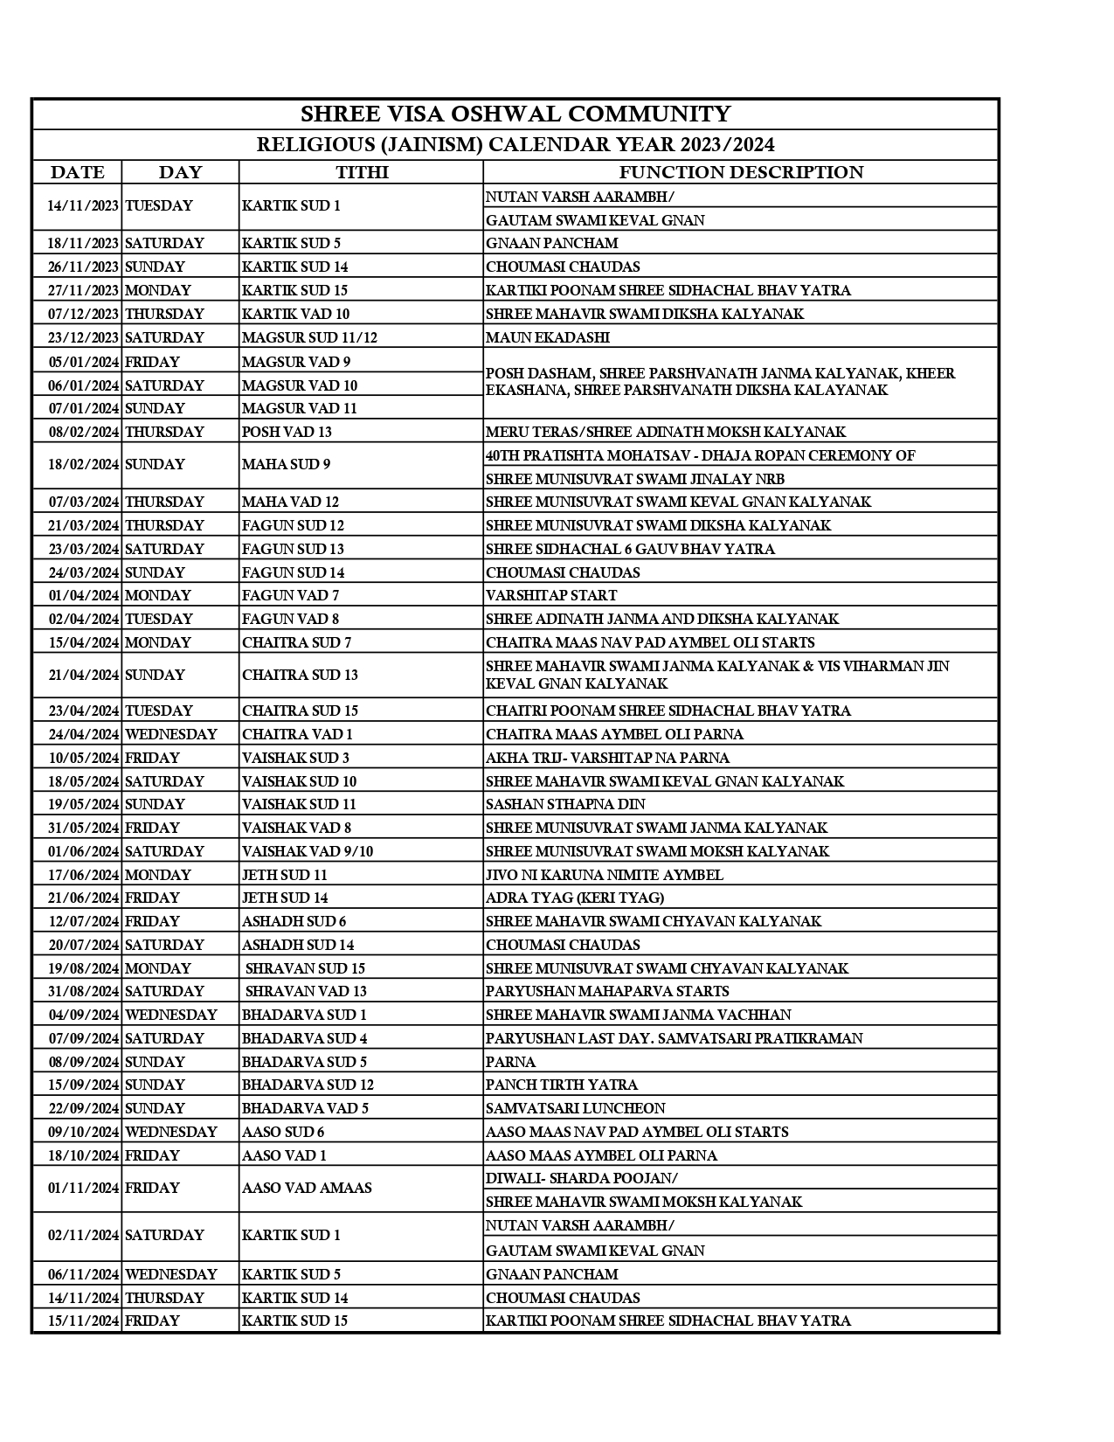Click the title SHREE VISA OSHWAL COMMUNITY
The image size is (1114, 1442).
coord(515,114)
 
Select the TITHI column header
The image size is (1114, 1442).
coord(362,172)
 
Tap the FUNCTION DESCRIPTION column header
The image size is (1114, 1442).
coord(741,172)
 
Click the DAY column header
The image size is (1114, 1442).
coord(180,172)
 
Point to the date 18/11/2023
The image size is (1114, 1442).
coord(83,243)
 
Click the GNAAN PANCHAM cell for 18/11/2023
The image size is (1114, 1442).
coord(552,243)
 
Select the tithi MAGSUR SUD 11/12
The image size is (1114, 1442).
coord(309,337)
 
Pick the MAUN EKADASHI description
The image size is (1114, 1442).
coord(548,337)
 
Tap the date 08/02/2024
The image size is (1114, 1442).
coord(83,432)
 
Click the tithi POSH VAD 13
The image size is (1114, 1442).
coord(287,432)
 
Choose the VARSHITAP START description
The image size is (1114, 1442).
coord(551,595)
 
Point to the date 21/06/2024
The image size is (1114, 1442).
coord(83,898)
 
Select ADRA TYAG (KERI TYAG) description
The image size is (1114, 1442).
coord(575,898)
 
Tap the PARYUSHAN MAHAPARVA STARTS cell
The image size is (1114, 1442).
coord(607,991)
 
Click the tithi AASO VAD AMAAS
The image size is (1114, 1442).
coord(307,1188)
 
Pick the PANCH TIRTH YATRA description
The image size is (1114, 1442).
coord(562,1085)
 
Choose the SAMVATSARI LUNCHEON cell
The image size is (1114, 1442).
coord(576,1108)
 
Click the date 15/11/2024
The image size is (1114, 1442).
coord(83,1321)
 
